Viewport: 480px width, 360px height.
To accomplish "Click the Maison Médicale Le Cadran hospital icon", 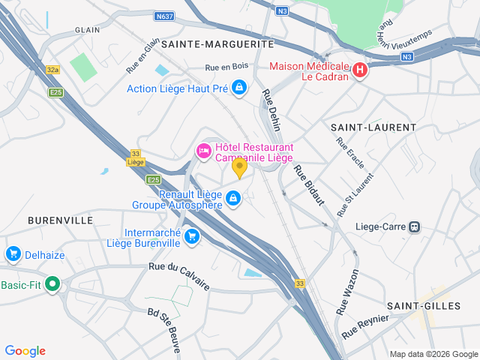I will (359, 70).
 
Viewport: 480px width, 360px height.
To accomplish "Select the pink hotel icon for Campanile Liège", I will (203, 151).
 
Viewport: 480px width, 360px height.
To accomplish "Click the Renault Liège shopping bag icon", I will (233, 197).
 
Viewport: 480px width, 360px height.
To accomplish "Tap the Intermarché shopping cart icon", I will (192, 236).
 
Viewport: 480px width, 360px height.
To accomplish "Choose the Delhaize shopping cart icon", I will (13, 255).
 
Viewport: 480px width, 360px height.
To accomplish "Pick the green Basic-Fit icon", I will (52, 285).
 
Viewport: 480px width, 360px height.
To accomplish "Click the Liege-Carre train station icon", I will (415, 226).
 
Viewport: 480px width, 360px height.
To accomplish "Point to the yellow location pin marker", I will (239, 167).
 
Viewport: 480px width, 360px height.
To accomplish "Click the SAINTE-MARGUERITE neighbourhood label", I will (217, 44).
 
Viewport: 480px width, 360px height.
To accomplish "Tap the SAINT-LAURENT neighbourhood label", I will (373, 127).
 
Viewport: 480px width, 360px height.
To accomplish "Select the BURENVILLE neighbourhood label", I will (60, 220).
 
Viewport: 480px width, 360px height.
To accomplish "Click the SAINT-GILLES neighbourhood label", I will (418, 306).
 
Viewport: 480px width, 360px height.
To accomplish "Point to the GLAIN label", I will (87, 30).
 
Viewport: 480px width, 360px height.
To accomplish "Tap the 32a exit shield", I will (52, 70).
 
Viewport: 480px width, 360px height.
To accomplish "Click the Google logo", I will (25, 350).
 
